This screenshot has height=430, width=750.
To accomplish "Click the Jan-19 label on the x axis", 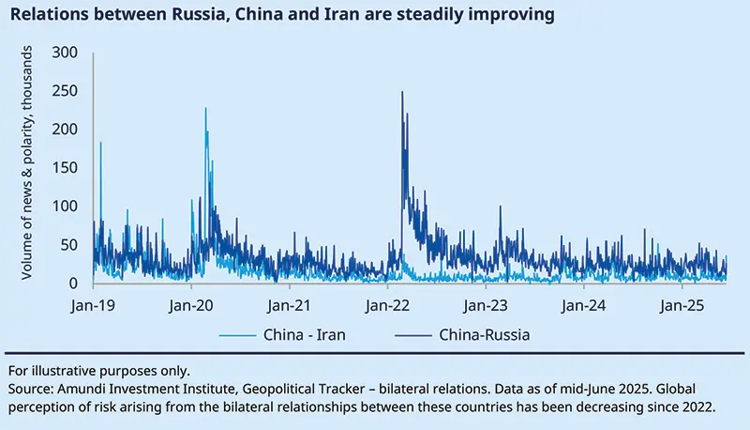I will pyautogui.click(x=93, y=305).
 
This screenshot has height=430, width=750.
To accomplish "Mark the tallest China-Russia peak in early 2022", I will pyautogui.click(x=402, y=93).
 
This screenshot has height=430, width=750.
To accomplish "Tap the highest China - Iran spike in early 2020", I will pyautogui.click(x=205, y=109).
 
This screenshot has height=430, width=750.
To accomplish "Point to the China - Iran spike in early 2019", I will pyautogui.click(x=100, y=144).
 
